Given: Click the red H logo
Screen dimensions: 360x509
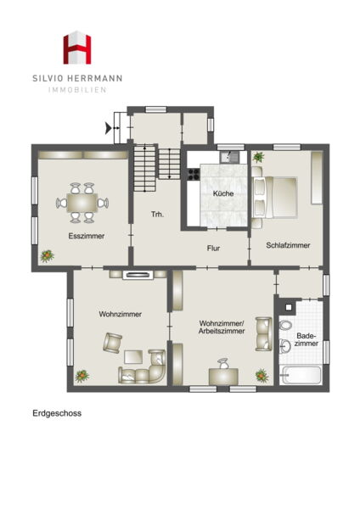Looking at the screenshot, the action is coord(77,48).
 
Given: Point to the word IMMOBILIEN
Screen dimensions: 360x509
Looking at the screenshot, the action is coord(77,90).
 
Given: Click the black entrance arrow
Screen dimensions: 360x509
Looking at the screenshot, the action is coord(109,128).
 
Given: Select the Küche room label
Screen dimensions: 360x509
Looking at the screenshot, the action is coord(223,193).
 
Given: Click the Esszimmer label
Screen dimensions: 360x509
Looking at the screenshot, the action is coord(87,236).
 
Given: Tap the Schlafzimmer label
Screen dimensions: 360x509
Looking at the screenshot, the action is coord(288,245).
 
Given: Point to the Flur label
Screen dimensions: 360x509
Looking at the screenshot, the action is coord(213,249).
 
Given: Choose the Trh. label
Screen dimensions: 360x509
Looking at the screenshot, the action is coord(158,215).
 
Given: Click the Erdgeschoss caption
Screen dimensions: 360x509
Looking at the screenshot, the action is coord(57,413).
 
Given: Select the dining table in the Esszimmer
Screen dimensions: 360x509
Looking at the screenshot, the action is coord(82,203).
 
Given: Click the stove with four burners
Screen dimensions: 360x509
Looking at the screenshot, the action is coord(194,174).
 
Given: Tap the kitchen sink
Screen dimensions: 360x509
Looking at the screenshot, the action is coord(230,157).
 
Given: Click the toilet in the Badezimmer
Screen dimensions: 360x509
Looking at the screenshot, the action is coord(285,325).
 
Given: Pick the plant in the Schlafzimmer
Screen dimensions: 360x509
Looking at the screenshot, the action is coord(259,157).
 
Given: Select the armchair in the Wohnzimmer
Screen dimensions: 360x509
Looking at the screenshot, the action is coord(112,343).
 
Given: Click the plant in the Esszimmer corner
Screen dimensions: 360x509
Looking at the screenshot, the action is coord(47,256).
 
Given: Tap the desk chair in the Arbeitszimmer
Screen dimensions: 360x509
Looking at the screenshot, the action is coord(223,363).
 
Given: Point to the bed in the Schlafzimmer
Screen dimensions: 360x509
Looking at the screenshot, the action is coord(274,197).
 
